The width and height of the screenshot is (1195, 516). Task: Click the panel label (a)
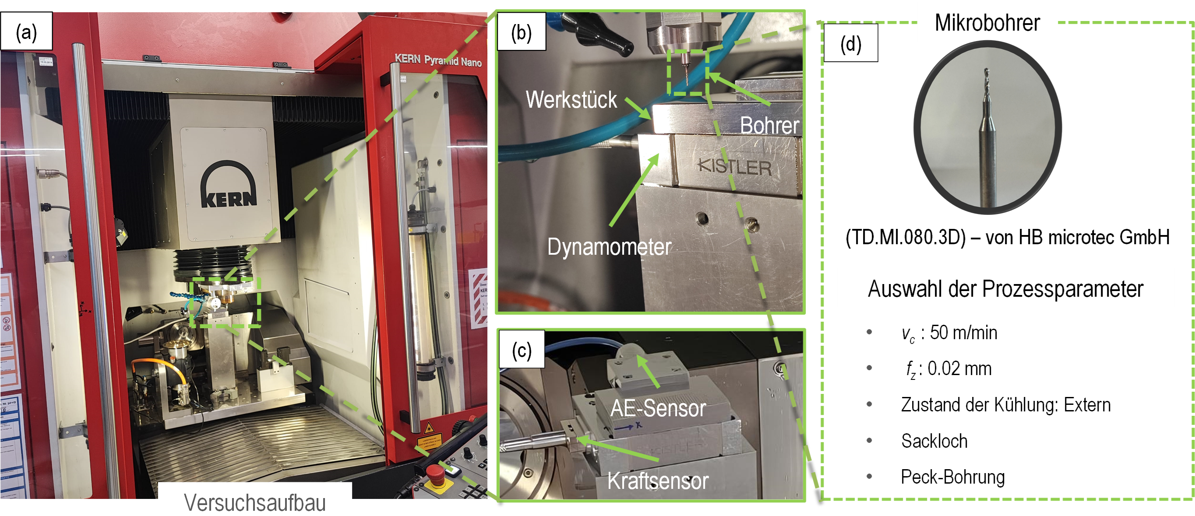point(26,32)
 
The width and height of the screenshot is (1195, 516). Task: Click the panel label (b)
point(521,32)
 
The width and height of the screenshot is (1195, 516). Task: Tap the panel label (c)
point(522,351)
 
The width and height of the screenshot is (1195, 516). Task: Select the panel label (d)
point(850,44)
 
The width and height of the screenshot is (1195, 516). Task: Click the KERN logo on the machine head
point(228,186)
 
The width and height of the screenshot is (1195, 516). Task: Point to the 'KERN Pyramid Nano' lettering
point(438,60)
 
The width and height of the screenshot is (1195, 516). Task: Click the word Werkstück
point(571,100)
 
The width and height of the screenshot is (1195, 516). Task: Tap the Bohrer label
point(769,125)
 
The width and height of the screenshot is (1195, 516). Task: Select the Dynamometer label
point(609,247)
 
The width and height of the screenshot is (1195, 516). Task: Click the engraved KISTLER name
point(735,167)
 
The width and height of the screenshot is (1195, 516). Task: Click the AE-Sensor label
point(658,408)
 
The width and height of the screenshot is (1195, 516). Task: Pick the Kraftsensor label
point(658,481)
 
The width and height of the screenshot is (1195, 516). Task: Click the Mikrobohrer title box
point(987,22)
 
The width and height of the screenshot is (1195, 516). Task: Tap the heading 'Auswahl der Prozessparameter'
point(1005,288)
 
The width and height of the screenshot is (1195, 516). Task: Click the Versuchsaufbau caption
point(255,502)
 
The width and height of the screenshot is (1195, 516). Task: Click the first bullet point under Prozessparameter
point(869,331)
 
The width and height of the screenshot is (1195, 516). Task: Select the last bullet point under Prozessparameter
point(869,476)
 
